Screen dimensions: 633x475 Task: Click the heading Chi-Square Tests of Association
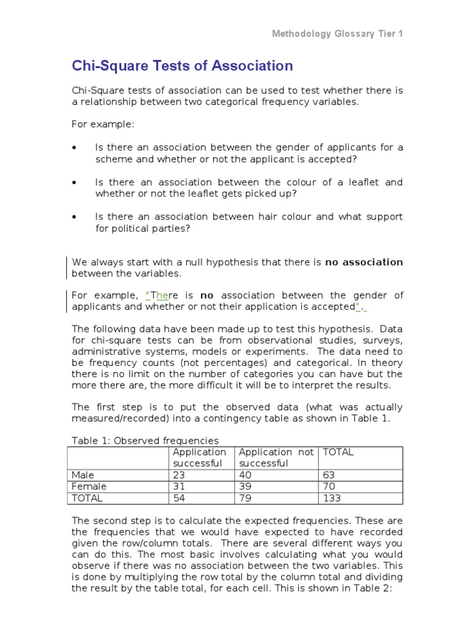pos(182,66)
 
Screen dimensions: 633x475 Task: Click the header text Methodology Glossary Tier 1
pos(337,33)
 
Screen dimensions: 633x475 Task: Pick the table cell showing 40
pos(246,475)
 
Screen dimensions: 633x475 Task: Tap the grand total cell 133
pos(332,498)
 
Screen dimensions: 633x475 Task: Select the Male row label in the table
pos(83,475)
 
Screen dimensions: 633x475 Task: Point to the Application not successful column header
pos(276,457)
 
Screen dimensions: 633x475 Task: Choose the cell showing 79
pos(246,498)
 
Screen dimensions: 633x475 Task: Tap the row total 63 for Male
pos(329,475)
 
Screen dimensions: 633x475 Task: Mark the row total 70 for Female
pos(329,486)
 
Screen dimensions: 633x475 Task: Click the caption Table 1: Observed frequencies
pos(145,441)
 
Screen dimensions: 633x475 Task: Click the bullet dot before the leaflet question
pos(75,182)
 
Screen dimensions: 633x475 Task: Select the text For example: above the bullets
pos(103,124)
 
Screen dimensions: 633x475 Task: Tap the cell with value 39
pos(246,486)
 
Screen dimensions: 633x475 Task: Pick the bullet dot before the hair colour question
pos(75,217)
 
